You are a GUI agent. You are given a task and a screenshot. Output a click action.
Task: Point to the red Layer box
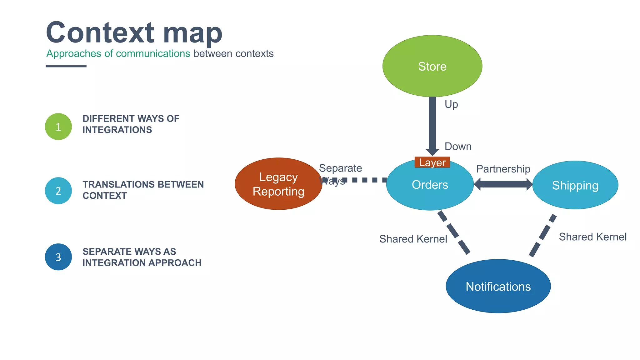432,162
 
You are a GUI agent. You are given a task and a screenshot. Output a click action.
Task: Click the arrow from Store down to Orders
432,125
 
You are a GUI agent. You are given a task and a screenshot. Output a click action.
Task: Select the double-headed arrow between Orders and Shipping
503,184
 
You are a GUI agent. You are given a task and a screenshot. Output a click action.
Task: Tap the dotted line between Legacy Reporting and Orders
364,180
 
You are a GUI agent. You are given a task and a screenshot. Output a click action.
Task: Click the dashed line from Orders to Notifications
454,232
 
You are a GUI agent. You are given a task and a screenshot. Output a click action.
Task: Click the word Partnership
503,169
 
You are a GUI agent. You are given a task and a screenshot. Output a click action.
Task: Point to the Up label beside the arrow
451,104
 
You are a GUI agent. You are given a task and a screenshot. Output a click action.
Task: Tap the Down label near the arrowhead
458,146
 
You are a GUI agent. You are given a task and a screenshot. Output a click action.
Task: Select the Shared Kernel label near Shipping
592,237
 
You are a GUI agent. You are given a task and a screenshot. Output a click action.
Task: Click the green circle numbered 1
58,127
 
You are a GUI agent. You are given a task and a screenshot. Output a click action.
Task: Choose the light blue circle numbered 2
58,191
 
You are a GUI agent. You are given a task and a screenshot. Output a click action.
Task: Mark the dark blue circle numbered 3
58,257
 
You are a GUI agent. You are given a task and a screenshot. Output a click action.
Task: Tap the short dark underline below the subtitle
66,66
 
